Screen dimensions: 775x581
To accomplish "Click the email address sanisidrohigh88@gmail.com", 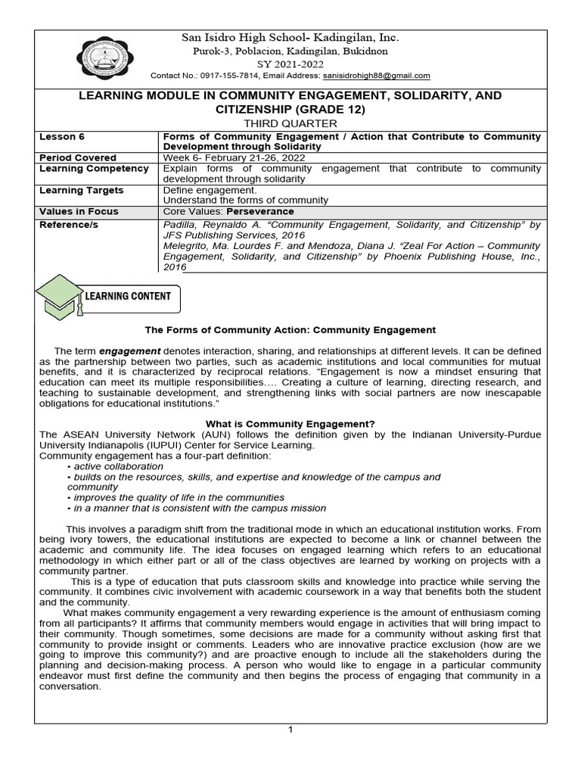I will click(x=377, y=76).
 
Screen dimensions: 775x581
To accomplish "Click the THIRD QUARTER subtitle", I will click(x=290, y=123).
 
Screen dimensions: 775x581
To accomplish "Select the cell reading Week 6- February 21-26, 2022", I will click(x=234, y=157).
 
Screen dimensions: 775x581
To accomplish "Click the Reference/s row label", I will click(x=69, y=225).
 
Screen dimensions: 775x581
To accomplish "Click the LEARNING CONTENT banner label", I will click(x=128, y=296).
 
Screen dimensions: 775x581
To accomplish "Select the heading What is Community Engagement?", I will click(x=290, y=423).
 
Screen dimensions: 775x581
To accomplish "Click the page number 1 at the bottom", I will click(x=290, y=729).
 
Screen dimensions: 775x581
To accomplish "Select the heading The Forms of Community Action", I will click(x=290, y=330).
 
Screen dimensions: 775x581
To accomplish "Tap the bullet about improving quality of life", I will click(x=176, y=498).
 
